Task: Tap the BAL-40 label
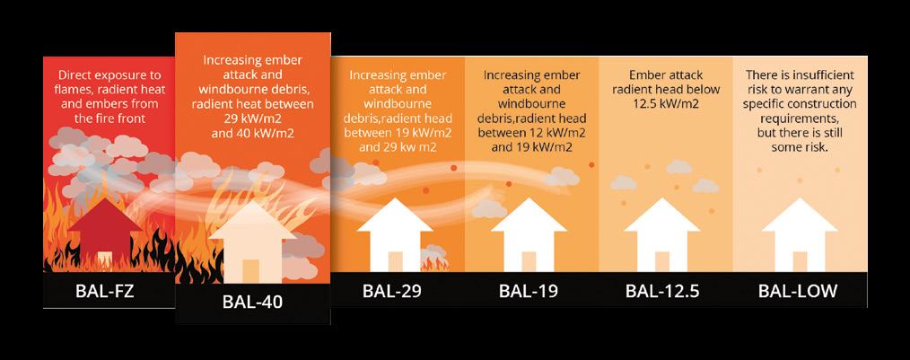(252, 302)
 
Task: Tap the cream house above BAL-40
(252, 241)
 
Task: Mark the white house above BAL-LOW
(797, 235)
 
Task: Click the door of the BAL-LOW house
(797, 260)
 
